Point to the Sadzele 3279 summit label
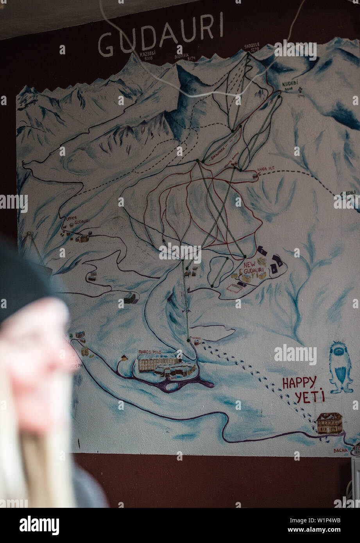(x=252, y=47)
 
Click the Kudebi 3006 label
(x=290, y=86)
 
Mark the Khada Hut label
(x=266, y=168)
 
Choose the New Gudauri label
(x=254, y=268)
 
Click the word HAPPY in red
(x=299, y=383)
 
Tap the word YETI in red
(x=310, y=397)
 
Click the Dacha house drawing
(x=329, y=423)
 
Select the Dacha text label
(x=340, y=450)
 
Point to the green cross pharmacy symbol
(x=71, y=336)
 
